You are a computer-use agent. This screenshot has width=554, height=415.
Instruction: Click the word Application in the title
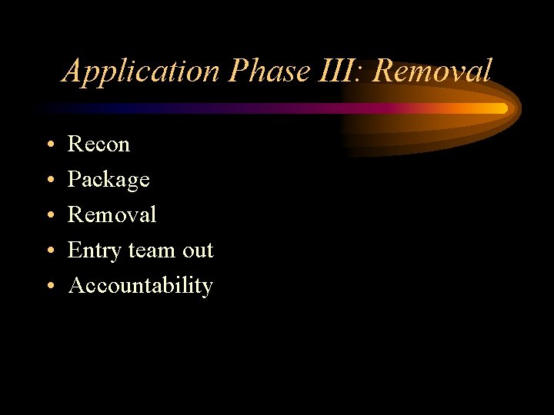coord(142,71)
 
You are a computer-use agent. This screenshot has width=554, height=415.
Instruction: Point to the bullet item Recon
coord(98,144)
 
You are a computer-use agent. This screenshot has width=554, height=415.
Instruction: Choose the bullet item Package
coord(108,180)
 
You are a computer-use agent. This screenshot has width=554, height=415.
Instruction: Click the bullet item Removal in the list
coord(112,214)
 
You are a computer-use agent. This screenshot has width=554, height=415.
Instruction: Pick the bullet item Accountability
coord(140,286)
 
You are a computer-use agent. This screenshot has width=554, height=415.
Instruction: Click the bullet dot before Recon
coord(48,144)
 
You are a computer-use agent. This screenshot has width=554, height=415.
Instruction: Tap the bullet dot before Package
coord(48,180)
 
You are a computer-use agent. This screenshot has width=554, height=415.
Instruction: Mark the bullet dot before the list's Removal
coord(48,215)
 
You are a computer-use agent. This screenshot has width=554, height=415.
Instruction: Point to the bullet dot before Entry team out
coord(48,251)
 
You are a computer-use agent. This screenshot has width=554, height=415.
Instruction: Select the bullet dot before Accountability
coord(48,286)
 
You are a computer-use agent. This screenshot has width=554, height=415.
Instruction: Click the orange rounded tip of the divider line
coord(503,108)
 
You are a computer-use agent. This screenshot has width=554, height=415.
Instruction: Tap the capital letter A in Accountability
coord(76,285)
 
